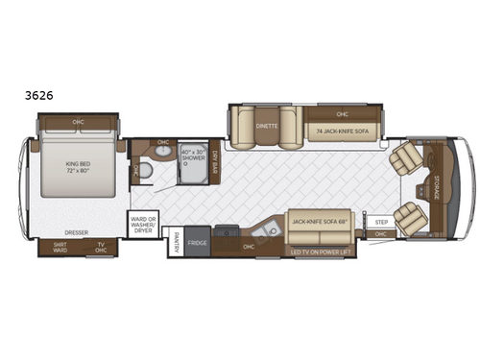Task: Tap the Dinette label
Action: tap(266, 126)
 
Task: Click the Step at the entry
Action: tap(381, 221)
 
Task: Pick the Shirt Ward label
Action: tap(60, 247)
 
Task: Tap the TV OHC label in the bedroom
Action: tap(100, 247)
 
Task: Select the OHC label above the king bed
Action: tap(78, 122)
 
